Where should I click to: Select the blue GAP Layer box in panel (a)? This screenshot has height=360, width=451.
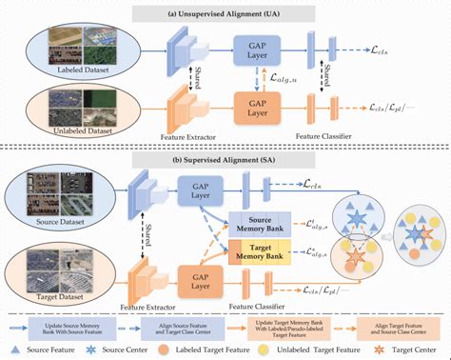click(x=256, y=48)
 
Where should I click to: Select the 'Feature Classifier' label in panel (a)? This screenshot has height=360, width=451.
click(x=318, y=136)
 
